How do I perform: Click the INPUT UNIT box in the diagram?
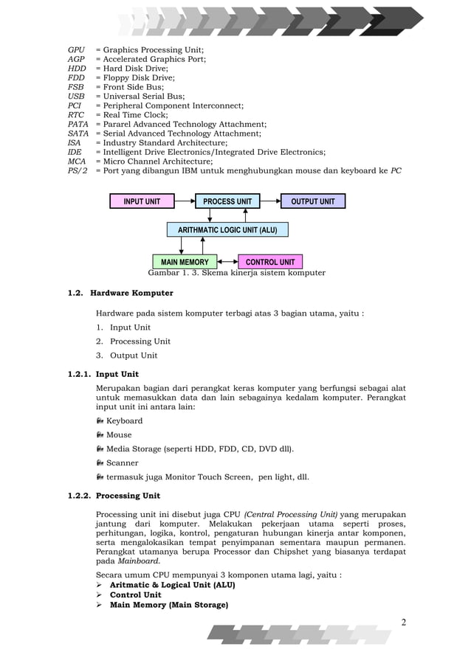click(x=142, y=201)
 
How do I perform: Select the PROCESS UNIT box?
click(x=227, y=201)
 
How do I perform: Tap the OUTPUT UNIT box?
click(x=312, y=201)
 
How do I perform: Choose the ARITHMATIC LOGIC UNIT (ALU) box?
click(x=227, y=230)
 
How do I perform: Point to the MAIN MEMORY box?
click(x=185, y=262)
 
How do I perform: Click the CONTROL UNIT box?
click(x=270, y=262)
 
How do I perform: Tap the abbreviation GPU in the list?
click(x=76, y=50)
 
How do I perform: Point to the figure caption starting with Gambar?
click(x=236, y=273)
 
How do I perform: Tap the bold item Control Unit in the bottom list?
click(x=135, y=594)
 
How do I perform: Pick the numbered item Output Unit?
click(x=134, y=355)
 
